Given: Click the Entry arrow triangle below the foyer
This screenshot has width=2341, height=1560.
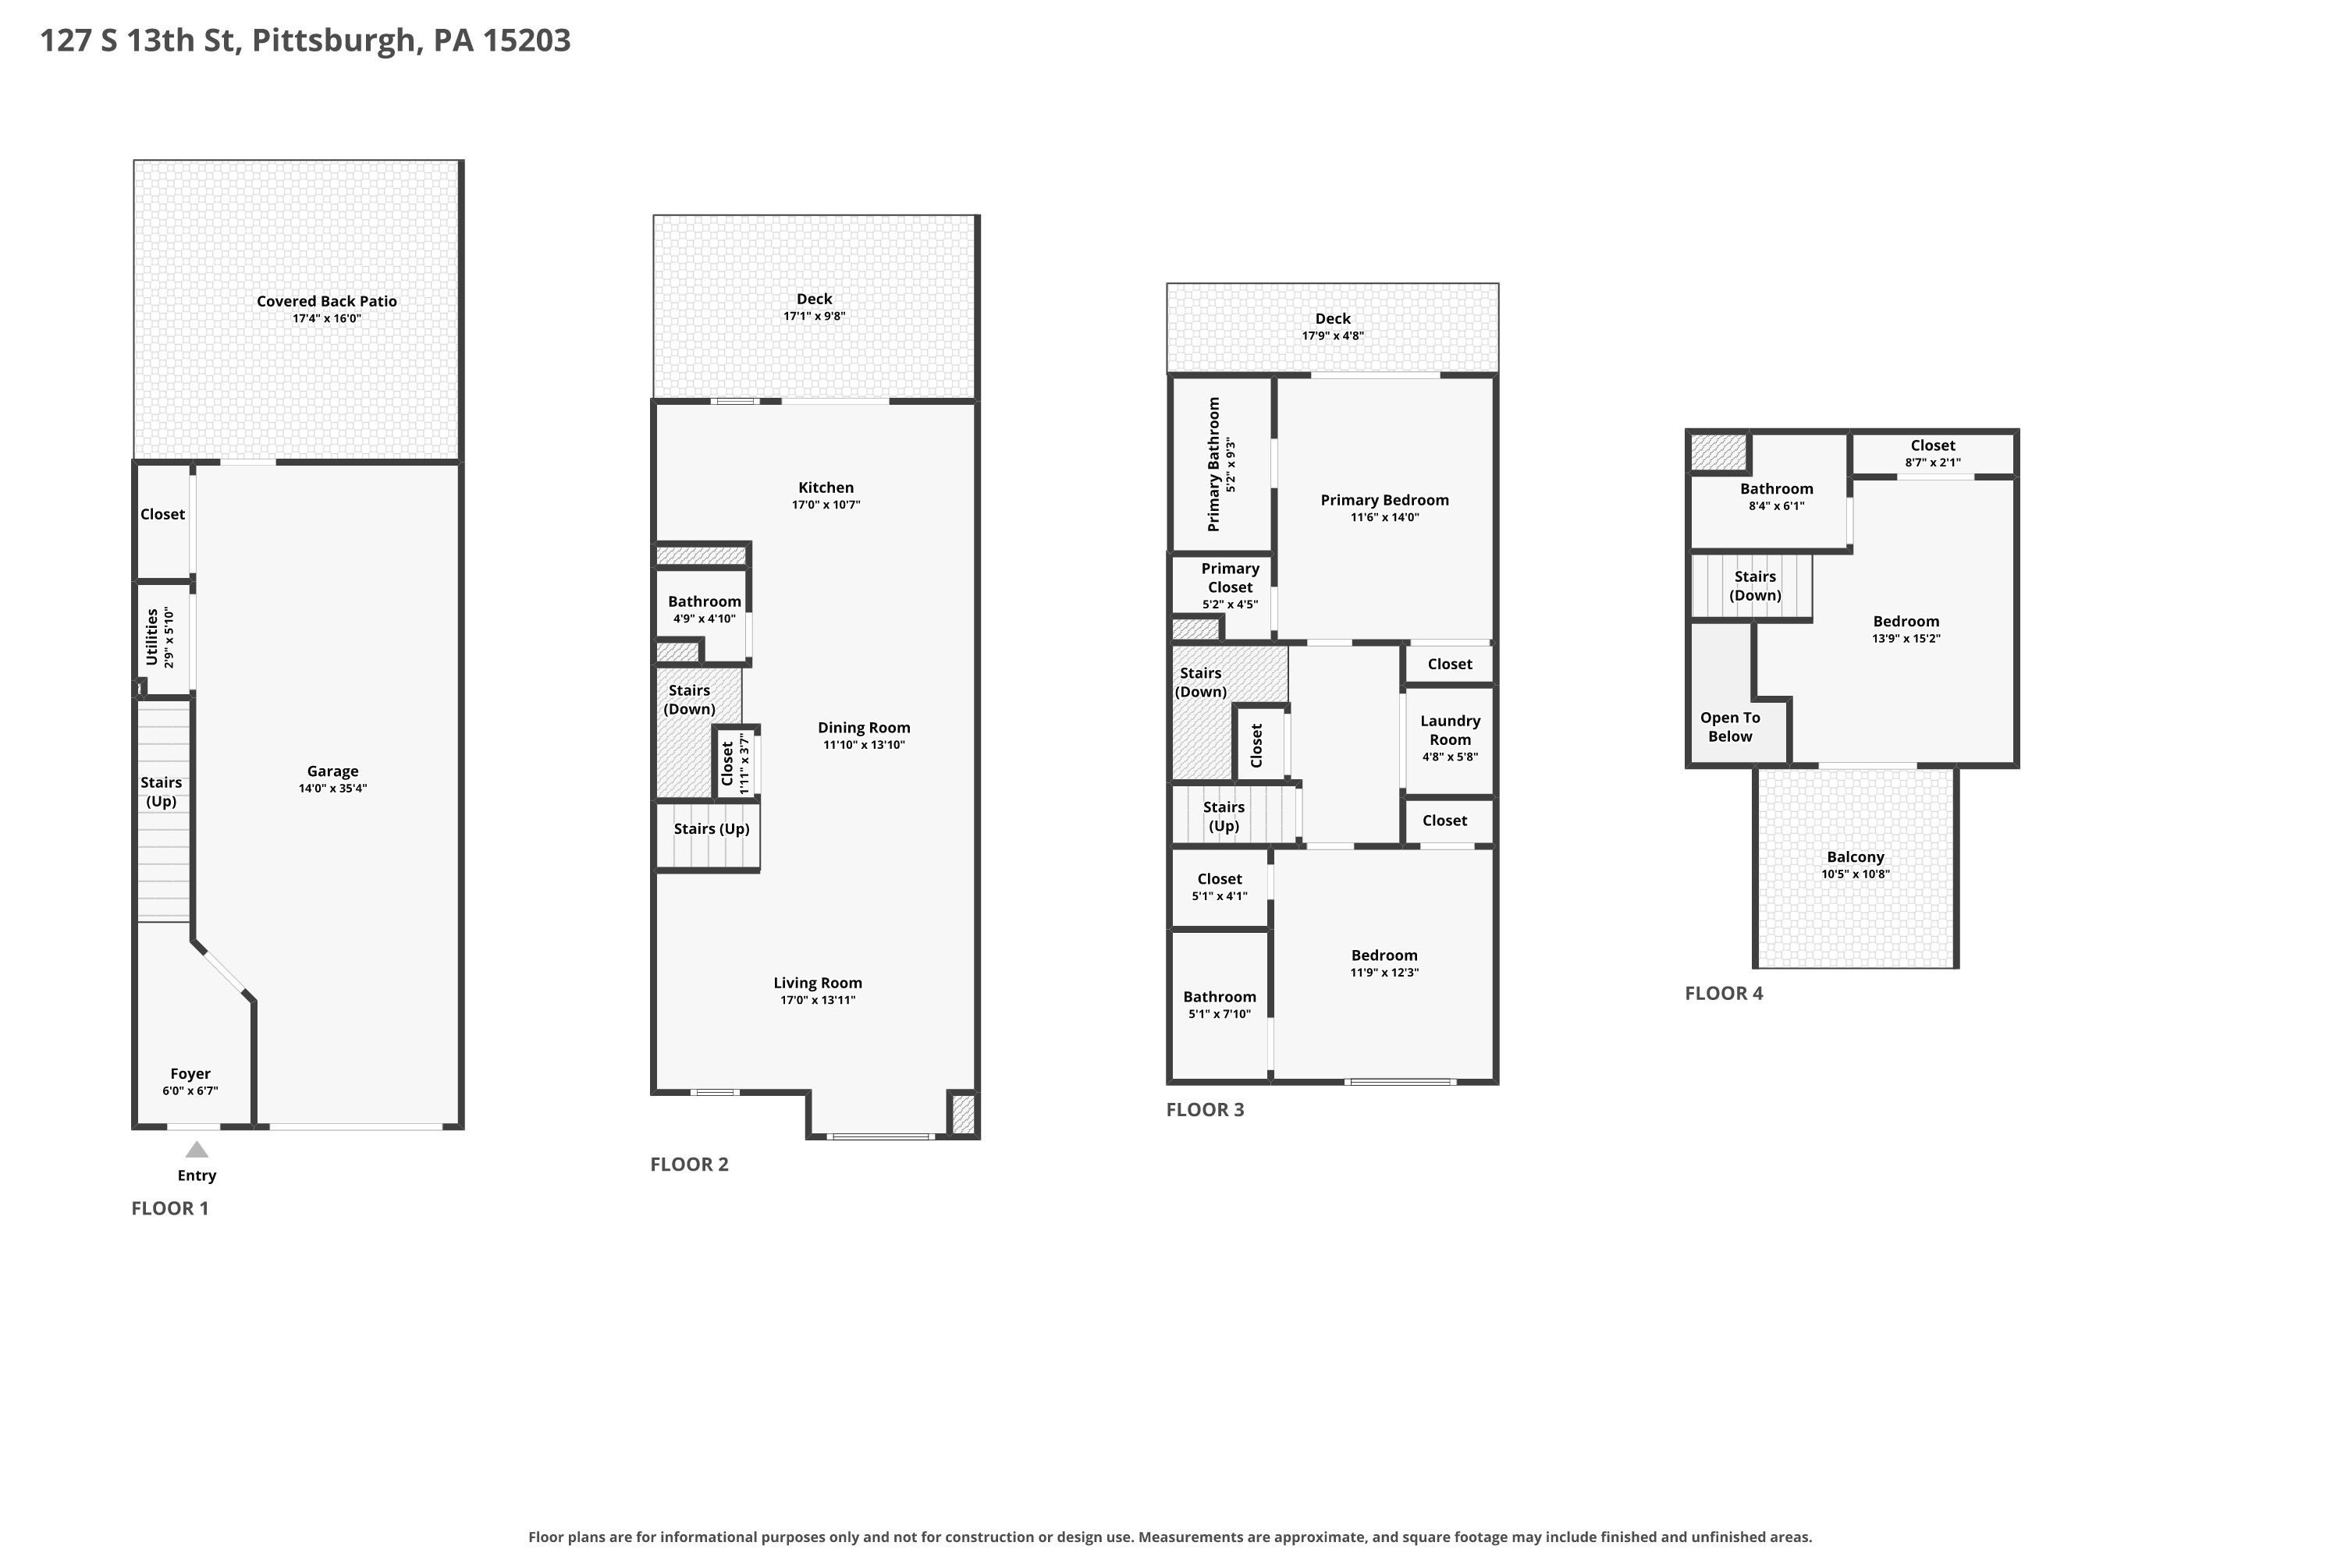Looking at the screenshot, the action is (x=197, y=1150).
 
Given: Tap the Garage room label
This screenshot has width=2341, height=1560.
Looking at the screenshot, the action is (x=332, y=771).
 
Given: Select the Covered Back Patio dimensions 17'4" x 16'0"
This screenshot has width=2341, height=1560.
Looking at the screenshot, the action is (x=326, y=318).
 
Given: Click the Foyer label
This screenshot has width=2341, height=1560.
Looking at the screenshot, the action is (x=190, y=1073).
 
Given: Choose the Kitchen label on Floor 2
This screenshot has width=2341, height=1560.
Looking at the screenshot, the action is (x=826, y=487).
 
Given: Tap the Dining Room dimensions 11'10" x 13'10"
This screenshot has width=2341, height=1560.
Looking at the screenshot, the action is (x=864, y=745).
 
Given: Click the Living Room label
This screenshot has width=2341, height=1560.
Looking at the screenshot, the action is (x=818, y=983).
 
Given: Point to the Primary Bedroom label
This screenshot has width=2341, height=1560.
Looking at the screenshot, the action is (x=1384, y=501).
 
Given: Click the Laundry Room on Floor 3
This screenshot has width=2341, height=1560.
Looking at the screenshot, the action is (x=1449, y=740).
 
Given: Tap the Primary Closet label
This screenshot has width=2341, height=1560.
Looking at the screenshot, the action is (x=1231, y=578).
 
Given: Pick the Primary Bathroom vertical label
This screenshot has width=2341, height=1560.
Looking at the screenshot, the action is (x=1213, y=465).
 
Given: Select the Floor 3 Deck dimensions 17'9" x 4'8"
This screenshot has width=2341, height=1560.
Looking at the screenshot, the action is (x=1333, y=336).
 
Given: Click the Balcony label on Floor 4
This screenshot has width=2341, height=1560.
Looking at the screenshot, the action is (x=1856, y=856).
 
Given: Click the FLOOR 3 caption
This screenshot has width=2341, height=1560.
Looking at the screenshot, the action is (x=1206, y=1110).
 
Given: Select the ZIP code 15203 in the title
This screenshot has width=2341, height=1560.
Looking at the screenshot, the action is (x=527, y=40).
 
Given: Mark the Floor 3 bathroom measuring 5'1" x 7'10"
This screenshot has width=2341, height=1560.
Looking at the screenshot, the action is (x=1219, y=1005).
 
